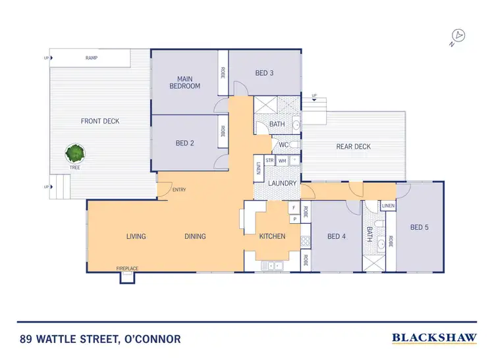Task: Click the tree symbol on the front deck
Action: pyautogui.click(x=75, y=153)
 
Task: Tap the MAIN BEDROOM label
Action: pyautogui.click(x=184, y=82)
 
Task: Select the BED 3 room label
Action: pyautogui.click(x=263, y=73)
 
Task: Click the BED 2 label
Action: pyautogui.click(x=184, y=143)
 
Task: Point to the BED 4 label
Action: pyautogui.click(x=337, y=236)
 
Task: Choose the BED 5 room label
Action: pyautogui.click(x=420, y=228)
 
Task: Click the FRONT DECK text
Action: pyautogui.click(x=100, y=121)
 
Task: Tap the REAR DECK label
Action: pyautogui.click(x=354, y=147)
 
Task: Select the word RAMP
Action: pyautogui.click(x=92, y=58)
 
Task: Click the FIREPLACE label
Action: pyautogui.click(x=127, y=269)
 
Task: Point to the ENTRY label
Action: pyautogui.click(x=179, y=190)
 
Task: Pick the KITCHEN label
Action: pyautogui.click(x=272, y=236)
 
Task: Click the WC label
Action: pyautogui.click(x=284, y=145)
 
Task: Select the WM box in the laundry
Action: pyautogui.click(x=282, y=160)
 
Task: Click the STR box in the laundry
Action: pyautogui.click(x=269, y=160)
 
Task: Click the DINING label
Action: pyautogui.click(x=195, y=236)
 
